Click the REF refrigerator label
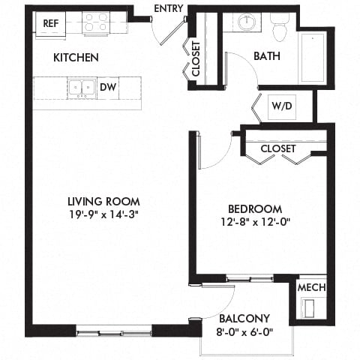coord(51,23)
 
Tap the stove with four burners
coord(96,25)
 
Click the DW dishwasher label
coord(108,87)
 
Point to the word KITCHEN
coord(76,58)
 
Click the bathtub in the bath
coord(311,58)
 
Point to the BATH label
coord(267,56)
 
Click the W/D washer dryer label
coord(283,106)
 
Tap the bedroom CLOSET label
coord(278,148)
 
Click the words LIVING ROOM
coord(103,201)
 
